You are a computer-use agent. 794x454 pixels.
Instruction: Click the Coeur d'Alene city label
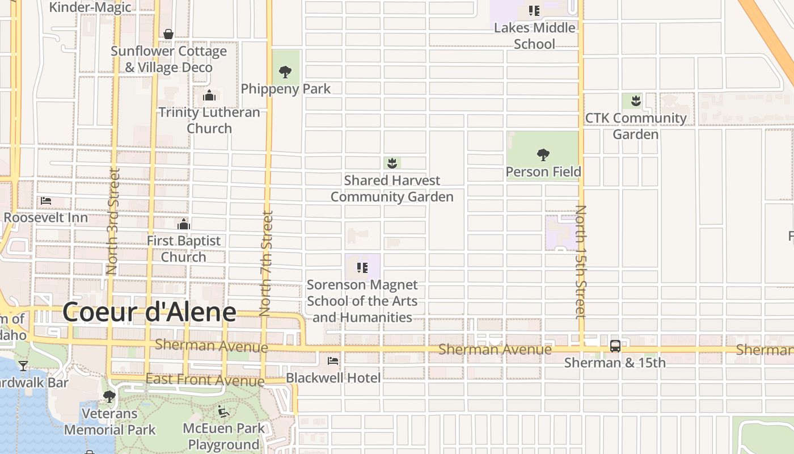click(149, 312)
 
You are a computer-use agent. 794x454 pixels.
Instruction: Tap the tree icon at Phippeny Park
click(285, 72)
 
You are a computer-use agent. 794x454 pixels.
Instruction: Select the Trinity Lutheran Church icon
click(209, 95)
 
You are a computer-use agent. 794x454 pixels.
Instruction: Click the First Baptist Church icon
click(183, 224)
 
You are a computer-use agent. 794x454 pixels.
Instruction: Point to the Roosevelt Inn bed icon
click(46, 201)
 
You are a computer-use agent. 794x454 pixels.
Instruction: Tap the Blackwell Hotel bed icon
click(333, 360)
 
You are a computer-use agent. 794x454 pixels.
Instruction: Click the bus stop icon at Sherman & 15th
click(615, 346)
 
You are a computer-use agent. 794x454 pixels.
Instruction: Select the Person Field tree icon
click(543, 154)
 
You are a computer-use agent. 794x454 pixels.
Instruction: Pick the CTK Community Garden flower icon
click(636, 101)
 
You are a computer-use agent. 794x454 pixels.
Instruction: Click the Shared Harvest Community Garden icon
click(391, 163)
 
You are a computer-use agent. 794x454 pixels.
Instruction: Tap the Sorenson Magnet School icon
click(362, 268)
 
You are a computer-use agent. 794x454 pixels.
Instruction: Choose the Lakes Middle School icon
click(534, 11)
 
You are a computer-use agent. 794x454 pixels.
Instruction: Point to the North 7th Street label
click(266, 263)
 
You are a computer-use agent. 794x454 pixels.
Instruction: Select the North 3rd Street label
click(112, 221)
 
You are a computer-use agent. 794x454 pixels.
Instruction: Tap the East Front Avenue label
click(205, 379)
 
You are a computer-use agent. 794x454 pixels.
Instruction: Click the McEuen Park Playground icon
click(223, 411)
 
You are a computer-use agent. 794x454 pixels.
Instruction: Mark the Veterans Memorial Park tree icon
click(109, 396)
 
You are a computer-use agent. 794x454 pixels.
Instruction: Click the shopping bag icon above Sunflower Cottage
click(168, 34)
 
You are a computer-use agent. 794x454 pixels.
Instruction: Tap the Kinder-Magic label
click(90, 7)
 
